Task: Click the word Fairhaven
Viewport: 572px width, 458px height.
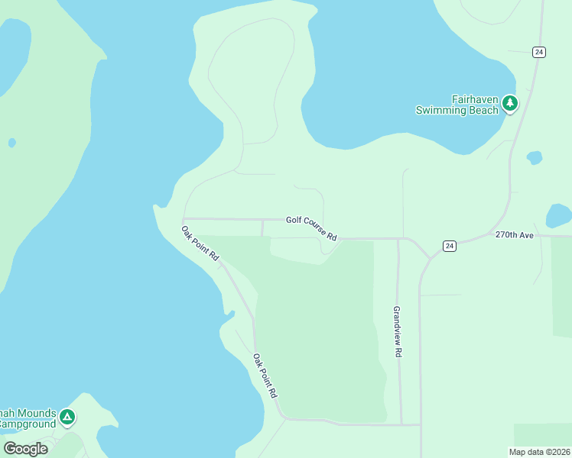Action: [475, 99]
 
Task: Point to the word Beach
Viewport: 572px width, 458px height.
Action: [484, 110]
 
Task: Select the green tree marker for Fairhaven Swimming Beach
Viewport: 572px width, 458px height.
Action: [510, 103]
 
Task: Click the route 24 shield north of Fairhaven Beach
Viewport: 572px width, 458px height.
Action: [539, 52]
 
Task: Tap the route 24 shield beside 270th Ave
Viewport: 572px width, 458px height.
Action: [450, 246]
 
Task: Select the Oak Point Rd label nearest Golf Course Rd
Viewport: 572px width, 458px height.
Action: [200, 244]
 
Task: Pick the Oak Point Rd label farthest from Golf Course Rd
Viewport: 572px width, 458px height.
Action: [265, 375]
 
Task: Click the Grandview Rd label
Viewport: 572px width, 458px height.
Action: [397, 332]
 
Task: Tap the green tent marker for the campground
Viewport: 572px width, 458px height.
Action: [68, 417]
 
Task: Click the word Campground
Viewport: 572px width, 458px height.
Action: [27, 424]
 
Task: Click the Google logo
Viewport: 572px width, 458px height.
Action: [25, 449]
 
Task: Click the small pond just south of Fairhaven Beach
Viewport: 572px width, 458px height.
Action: [535, 158]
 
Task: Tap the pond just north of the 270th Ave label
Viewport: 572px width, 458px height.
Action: [559, 214]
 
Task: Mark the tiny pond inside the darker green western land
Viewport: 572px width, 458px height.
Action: [11, 143]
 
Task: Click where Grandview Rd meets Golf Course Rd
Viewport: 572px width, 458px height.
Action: [398, 238]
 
